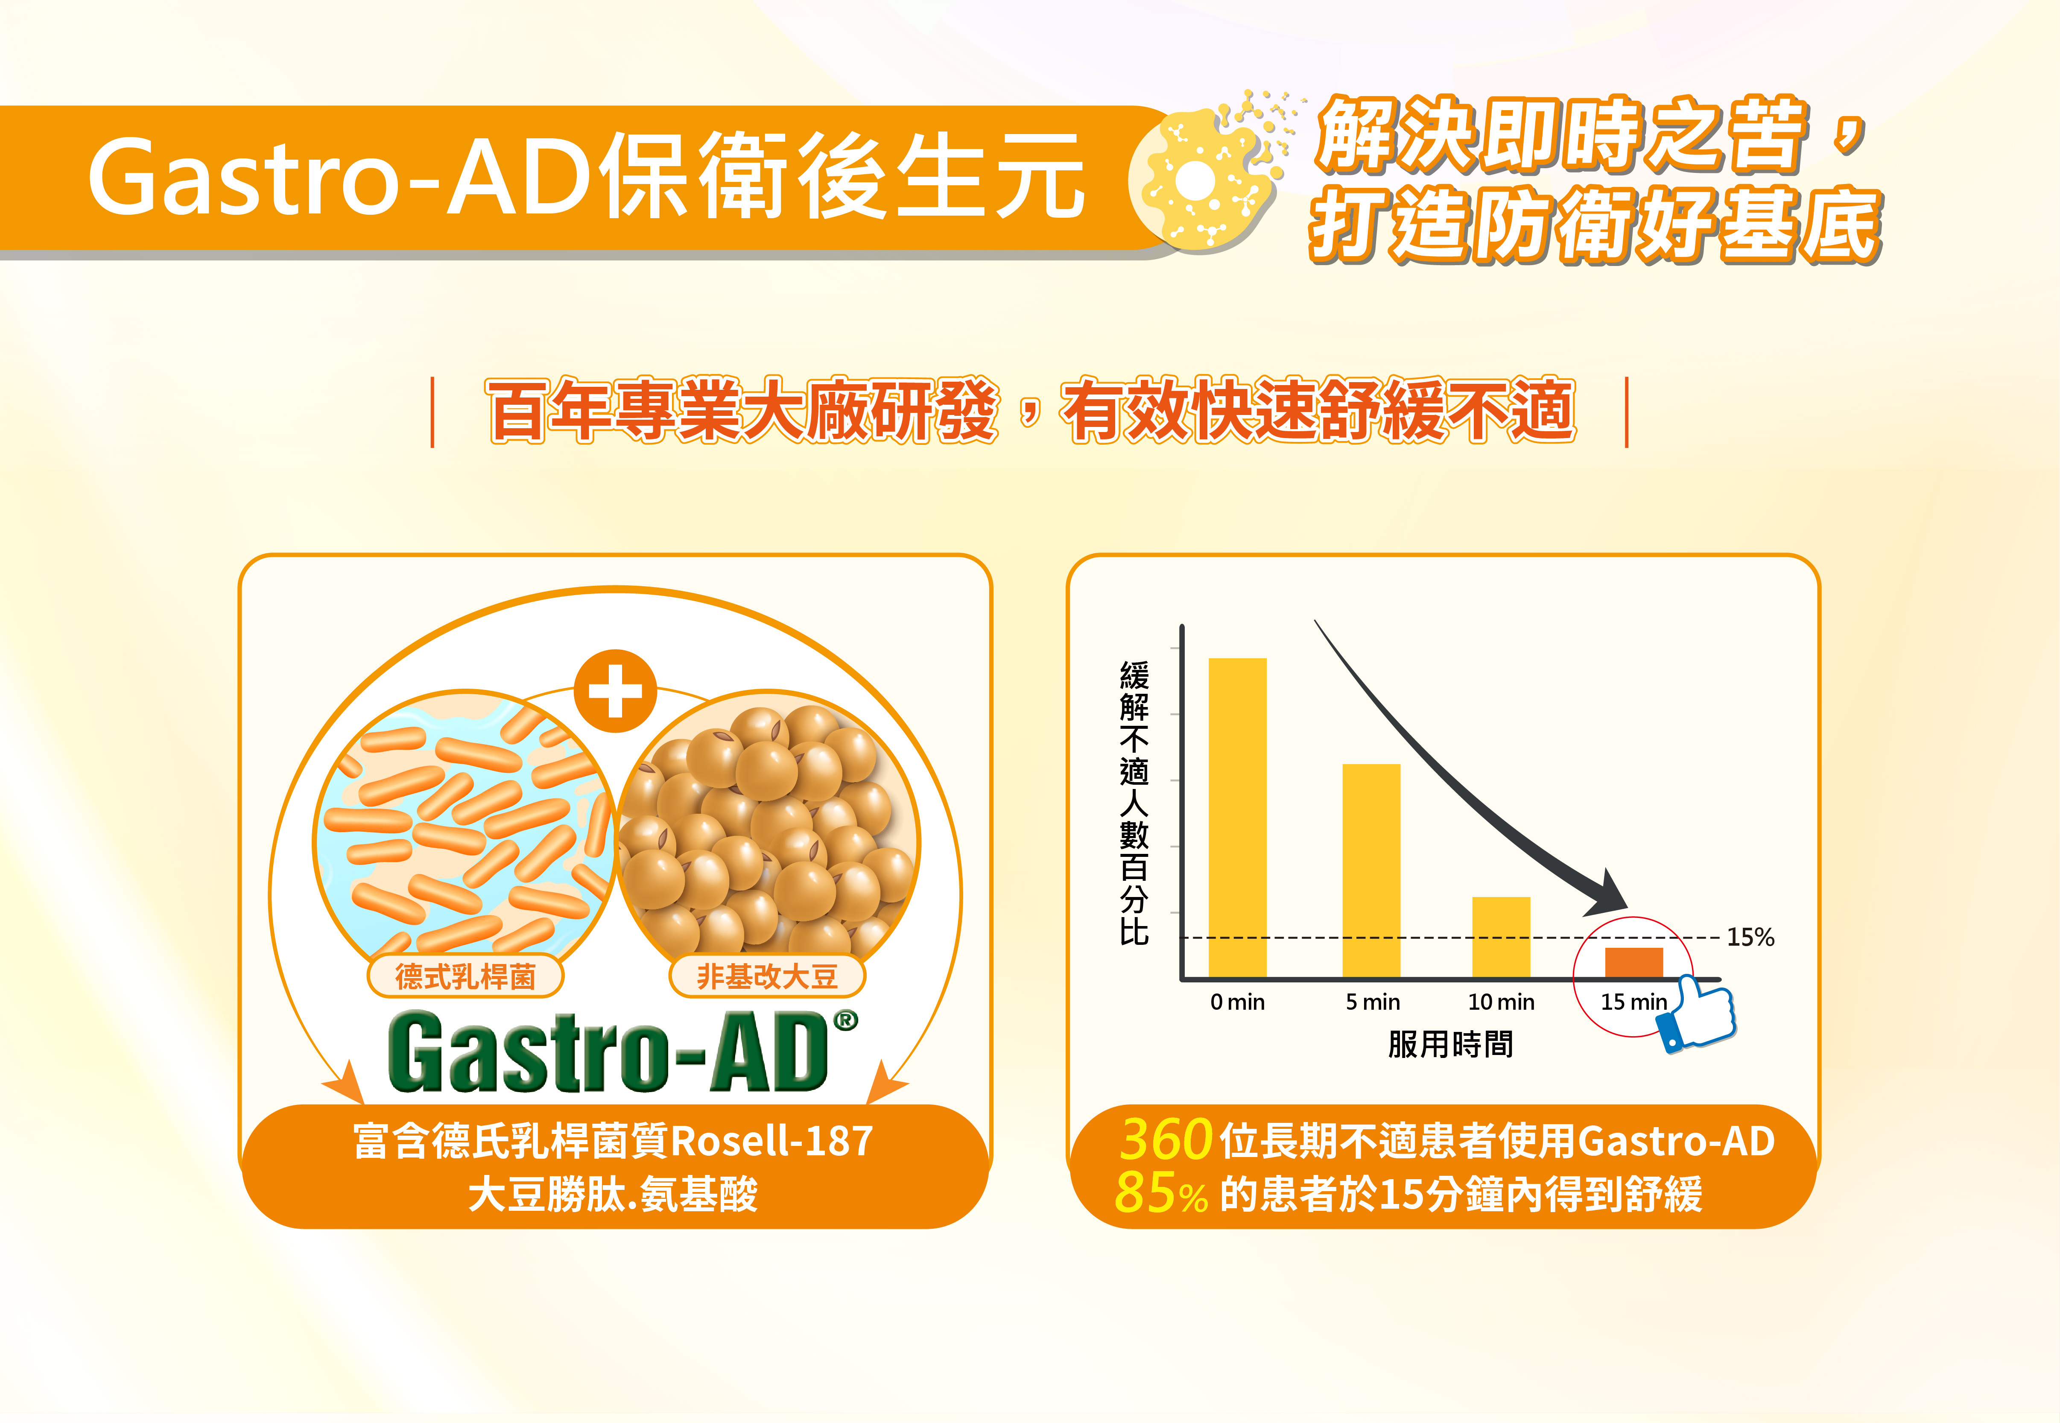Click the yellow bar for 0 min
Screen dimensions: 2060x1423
[x=1237, y=818]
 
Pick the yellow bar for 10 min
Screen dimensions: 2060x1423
[x=1501, y=937]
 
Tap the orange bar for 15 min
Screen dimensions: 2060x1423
[x=1634, y=963]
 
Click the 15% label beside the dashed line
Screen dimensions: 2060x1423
[x=1751, y=937]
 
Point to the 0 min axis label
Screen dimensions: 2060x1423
[x=1237, y=1002]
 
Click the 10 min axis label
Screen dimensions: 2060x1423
[x=1501, y=1002]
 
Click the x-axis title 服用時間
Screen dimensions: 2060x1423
[x=1450, y=1044]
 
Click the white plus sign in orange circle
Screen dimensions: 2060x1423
[x=615, y=691]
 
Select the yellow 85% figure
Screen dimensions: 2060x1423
[x=1160, y=1193]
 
